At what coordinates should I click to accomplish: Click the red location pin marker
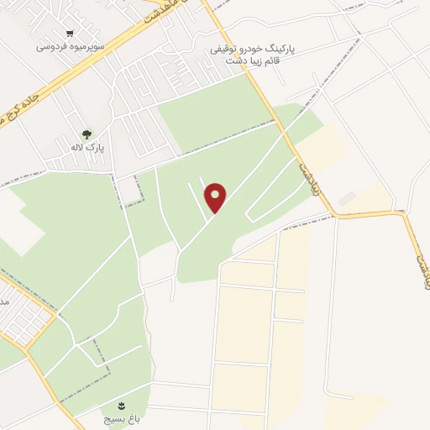click(x=216, y=197)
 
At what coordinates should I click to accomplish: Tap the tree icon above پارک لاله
click(x=87, y=134)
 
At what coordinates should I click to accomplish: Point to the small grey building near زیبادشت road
click(x=347, y=197)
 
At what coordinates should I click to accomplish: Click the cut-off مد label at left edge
click(x=3, y=300)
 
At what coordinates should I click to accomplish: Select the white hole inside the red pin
click(x=216, y=193)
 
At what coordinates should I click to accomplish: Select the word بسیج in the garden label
click(x=120, y=417)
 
